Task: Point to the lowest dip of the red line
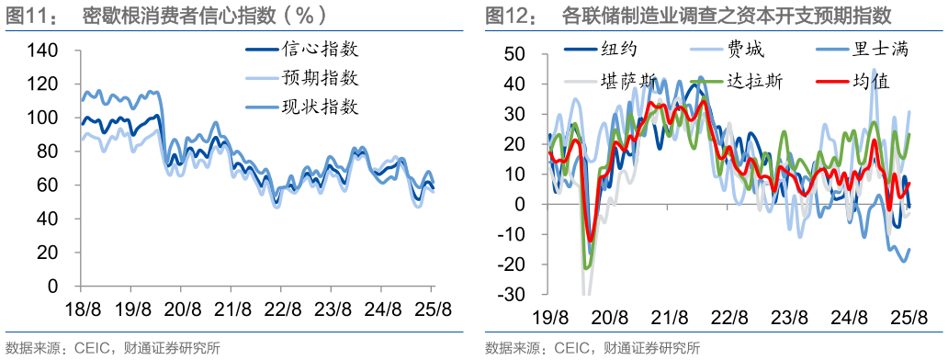tap(591, 241)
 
